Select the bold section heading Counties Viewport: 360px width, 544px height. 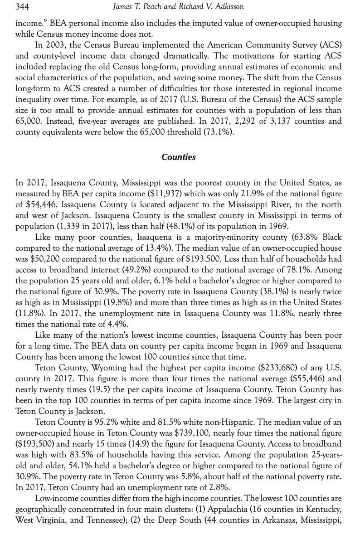coord(179,157)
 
